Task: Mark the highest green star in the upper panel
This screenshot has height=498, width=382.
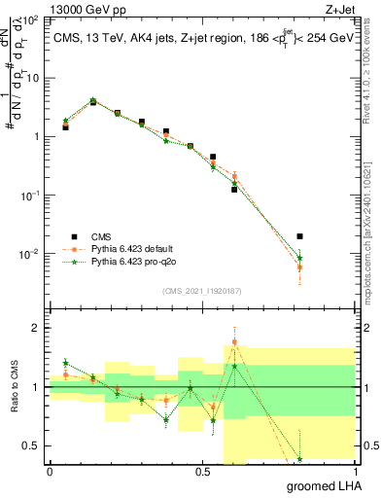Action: tap(93, 100)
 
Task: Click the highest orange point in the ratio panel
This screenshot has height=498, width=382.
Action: tap(235, 342)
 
